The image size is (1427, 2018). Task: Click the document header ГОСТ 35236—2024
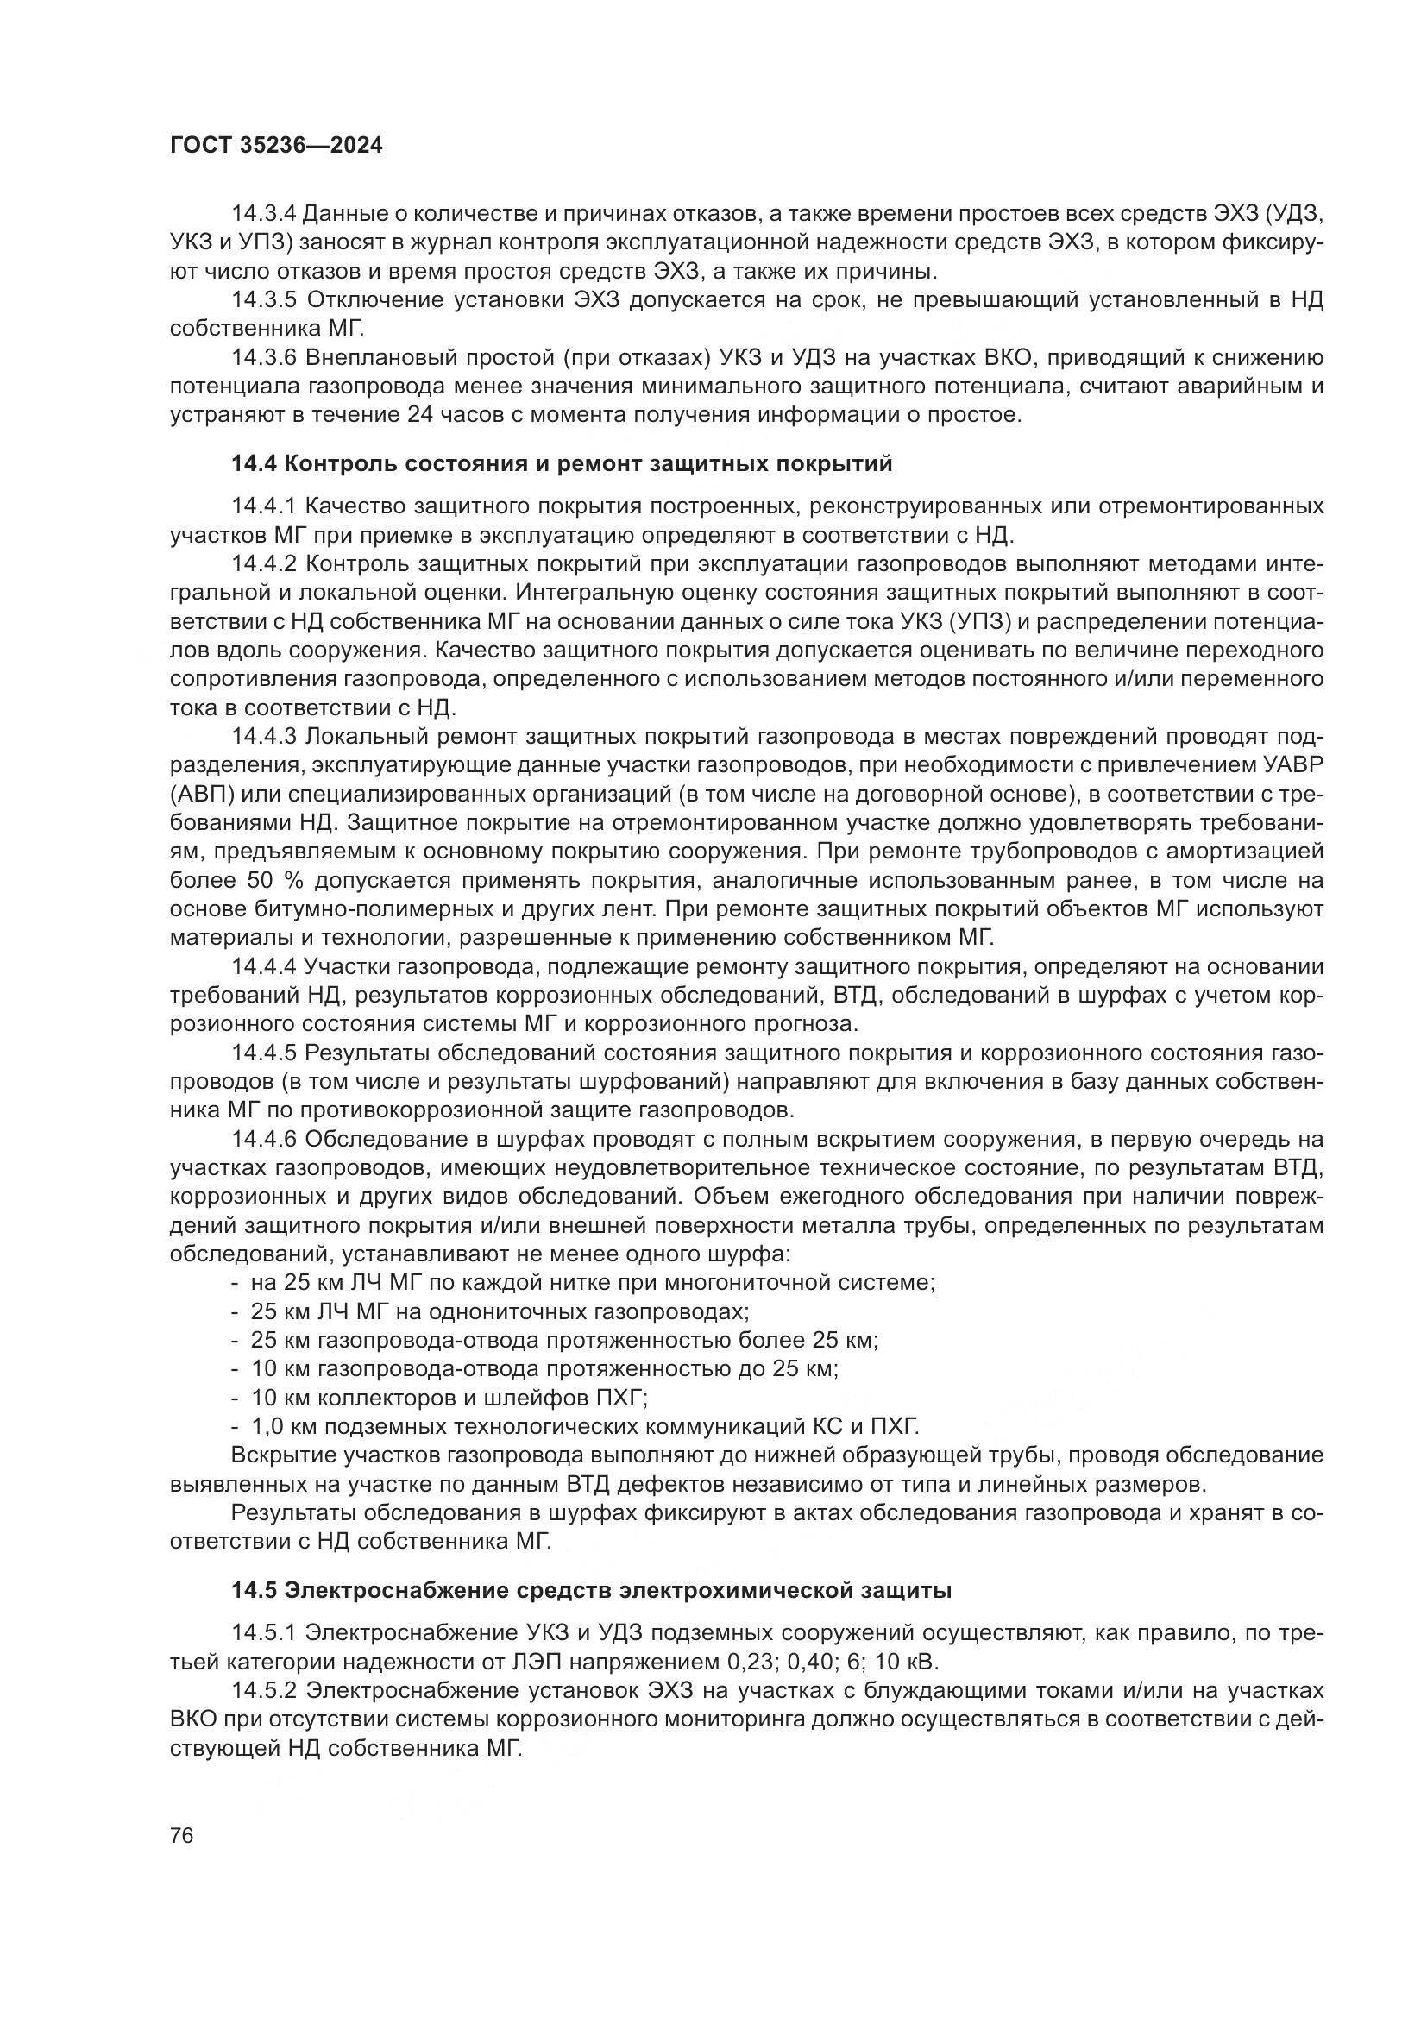(x=276, y=146)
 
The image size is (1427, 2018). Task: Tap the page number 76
(x=182, y=1835)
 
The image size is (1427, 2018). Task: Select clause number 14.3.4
(x=264, y=214)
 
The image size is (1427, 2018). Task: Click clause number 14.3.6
(x=264, y=358)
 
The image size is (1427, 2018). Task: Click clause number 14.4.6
(x=264, y=1140)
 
